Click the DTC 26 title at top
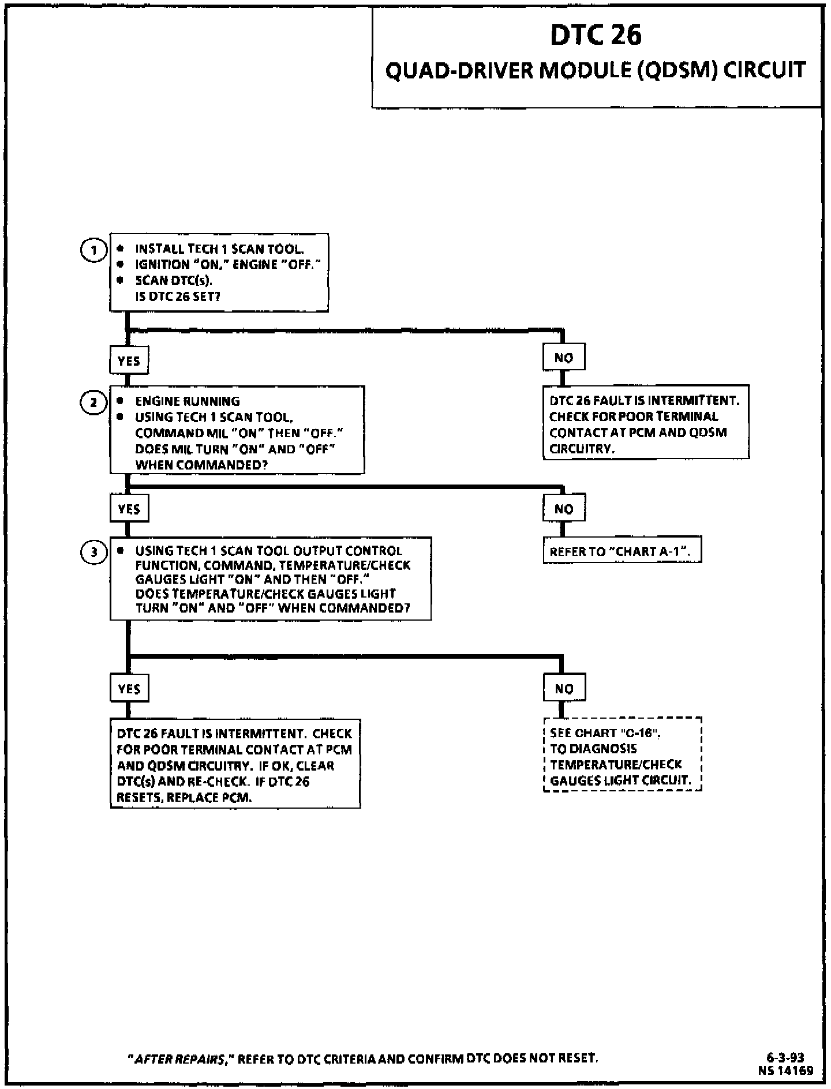595,36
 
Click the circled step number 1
93,250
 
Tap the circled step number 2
93,403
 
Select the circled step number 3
93,552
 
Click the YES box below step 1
129,361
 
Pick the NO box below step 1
563,358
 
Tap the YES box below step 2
129,509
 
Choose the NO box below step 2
563,509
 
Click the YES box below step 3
129,689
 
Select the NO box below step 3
563,689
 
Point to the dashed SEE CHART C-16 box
622,756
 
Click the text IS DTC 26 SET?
178,296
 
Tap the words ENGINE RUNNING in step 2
187,401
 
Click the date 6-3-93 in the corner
785,1058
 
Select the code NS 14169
787,1071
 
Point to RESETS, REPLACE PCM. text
184,798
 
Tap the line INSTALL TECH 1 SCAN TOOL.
219,249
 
